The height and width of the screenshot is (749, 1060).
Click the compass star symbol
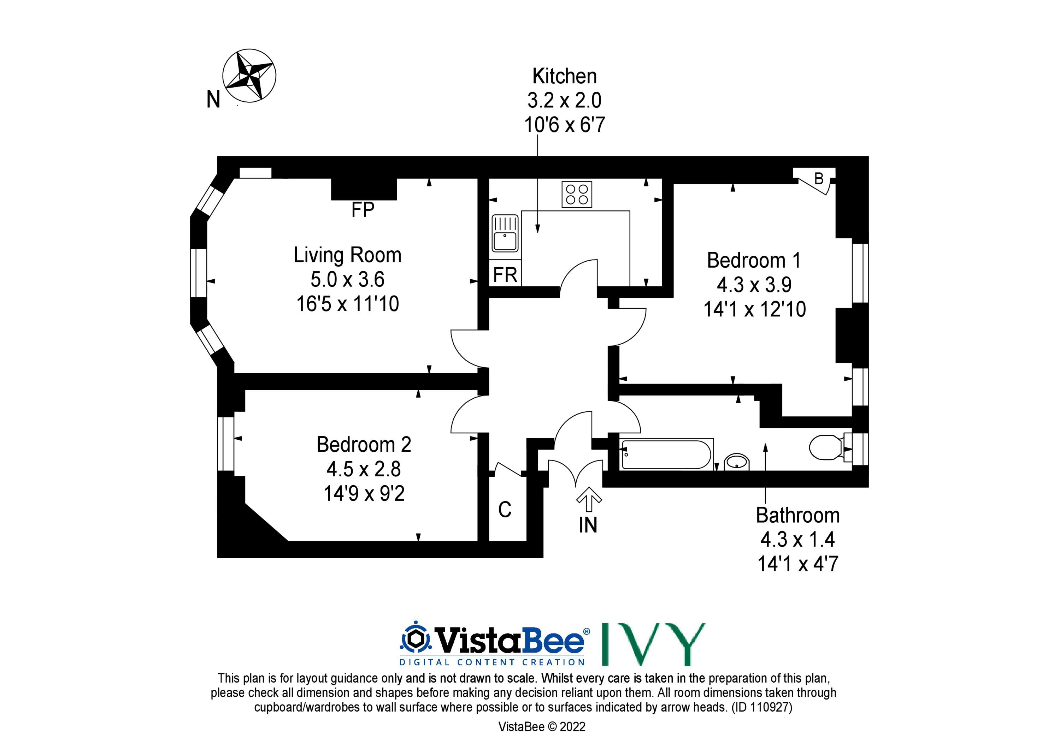[x=249, y=75]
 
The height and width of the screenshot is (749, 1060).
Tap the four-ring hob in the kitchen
[x=577, y=194]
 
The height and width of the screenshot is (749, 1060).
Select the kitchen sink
[x=505, y=233]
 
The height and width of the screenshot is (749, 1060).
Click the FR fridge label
[x=505, y=275]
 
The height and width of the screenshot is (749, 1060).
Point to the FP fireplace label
[x=363, y=210]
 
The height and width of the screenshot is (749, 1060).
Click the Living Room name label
[x=348, y=255]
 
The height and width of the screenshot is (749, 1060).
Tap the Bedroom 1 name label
[x=754, y=260]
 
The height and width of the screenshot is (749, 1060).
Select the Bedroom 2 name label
[x=364, y=444]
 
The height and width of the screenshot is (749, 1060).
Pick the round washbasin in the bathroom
[x=737, y=462]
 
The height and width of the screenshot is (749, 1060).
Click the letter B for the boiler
[x=819, y=179]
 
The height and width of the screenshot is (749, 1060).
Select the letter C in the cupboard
[x=505, y=510]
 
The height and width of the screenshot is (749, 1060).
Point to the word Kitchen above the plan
[x=564, y=76]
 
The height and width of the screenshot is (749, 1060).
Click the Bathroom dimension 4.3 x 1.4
[x=798, y=539]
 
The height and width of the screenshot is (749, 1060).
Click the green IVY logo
[x=654, y=644]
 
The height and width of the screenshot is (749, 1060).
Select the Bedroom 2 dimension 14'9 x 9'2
[x=364, y=493]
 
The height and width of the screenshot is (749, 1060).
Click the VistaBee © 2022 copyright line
[x=542, y=727]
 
